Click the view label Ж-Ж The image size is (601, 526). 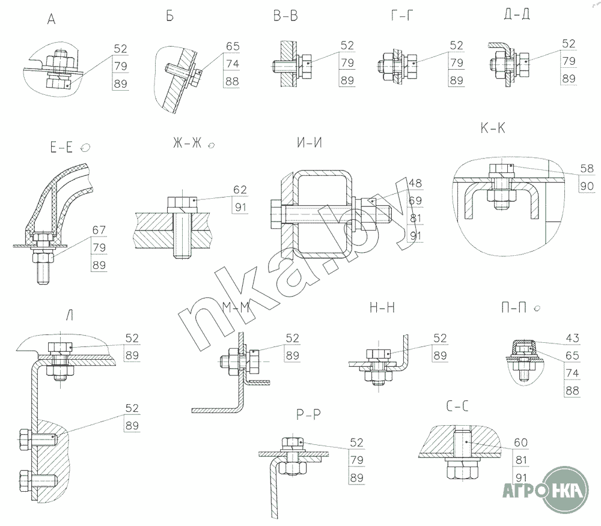click(187, 143)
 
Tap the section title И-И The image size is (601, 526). click(310, 143)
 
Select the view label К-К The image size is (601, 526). click(493, 128)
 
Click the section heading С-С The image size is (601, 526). click(457, 406)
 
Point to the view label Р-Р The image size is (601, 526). click(308, 414)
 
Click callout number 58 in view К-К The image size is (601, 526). click(587, 169)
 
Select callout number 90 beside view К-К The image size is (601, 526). click(587, 186)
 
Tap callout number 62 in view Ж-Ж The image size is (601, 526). click(240, 190)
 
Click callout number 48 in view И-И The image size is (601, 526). click(415, 183)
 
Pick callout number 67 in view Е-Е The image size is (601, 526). click(99, 230)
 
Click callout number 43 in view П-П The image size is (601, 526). click(572, 338)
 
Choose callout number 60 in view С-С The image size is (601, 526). click(521, 443)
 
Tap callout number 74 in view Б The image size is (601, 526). click(233, 64)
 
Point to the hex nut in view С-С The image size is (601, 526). click(463, 470)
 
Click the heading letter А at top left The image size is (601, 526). click(51, 19)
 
